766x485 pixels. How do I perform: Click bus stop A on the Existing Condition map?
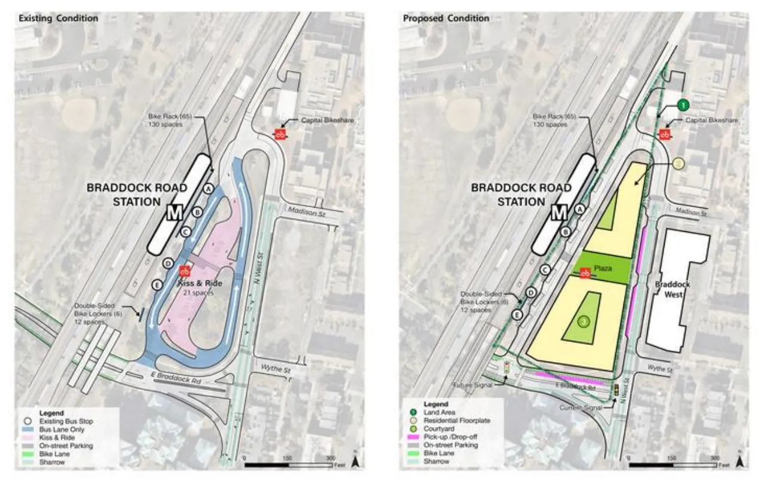point(209,188)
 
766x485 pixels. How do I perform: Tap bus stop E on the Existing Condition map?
point(158,284)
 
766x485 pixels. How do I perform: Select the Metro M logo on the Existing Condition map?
point(176,213)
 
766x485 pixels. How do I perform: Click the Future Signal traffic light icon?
point(506,368)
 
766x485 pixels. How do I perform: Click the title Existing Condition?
point(58,19)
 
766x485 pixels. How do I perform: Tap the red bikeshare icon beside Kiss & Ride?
point(185,271)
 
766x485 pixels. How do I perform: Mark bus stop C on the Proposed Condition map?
point(545,270)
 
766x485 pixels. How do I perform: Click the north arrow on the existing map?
point(355,460)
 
